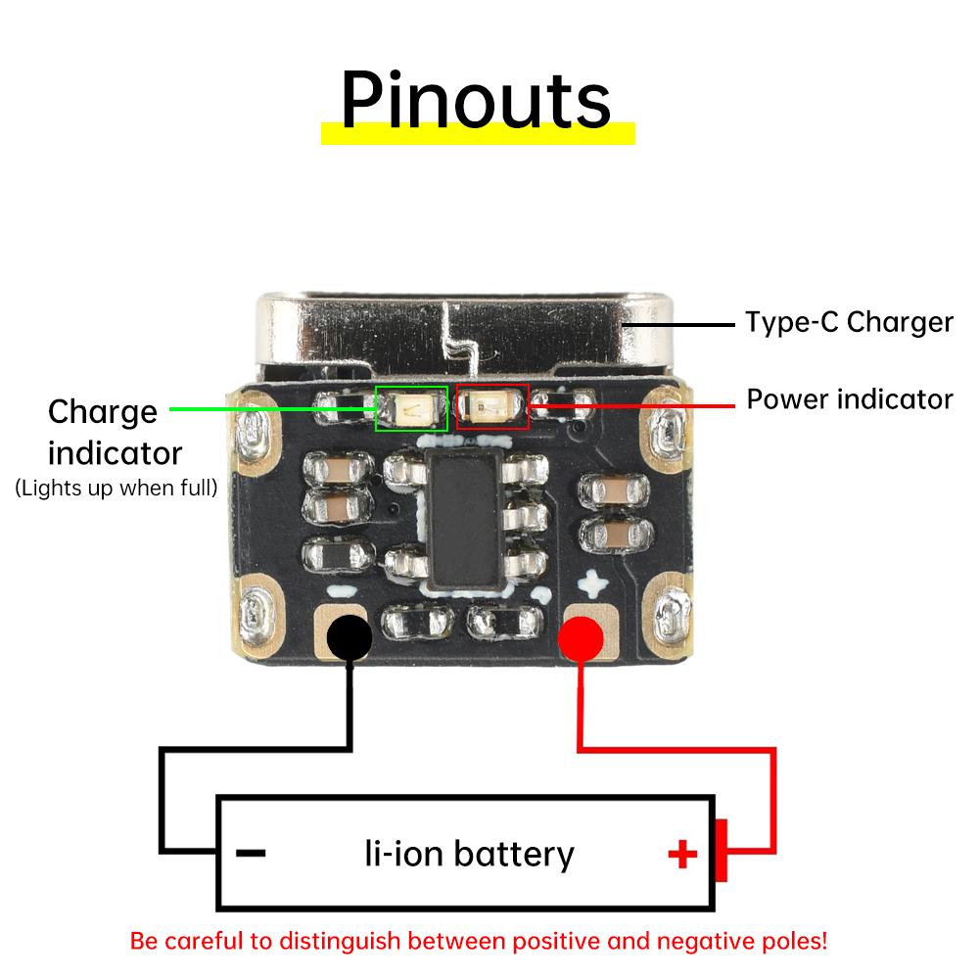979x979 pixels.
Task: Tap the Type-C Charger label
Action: pos(848,321)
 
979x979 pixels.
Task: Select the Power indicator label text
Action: pos(849,399)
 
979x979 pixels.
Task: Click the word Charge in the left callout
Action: pos(102,412)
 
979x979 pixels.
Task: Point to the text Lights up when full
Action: pos(116,487)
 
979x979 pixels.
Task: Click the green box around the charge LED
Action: pos(412,407)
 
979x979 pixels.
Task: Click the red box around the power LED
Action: pos(492,406)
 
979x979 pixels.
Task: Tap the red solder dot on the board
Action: pos(581,640)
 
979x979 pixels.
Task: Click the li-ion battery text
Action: pos(469,854)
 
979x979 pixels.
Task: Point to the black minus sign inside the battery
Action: pos(252,854)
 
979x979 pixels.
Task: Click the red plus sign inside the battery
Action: pos(682,856)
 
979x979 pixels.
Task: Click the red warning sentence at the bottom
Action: pos(479,942)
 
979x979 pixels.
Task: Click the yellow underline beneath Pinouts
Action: pos(478,133)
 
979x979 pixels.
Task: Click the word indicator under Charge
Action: pos(116,454)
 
